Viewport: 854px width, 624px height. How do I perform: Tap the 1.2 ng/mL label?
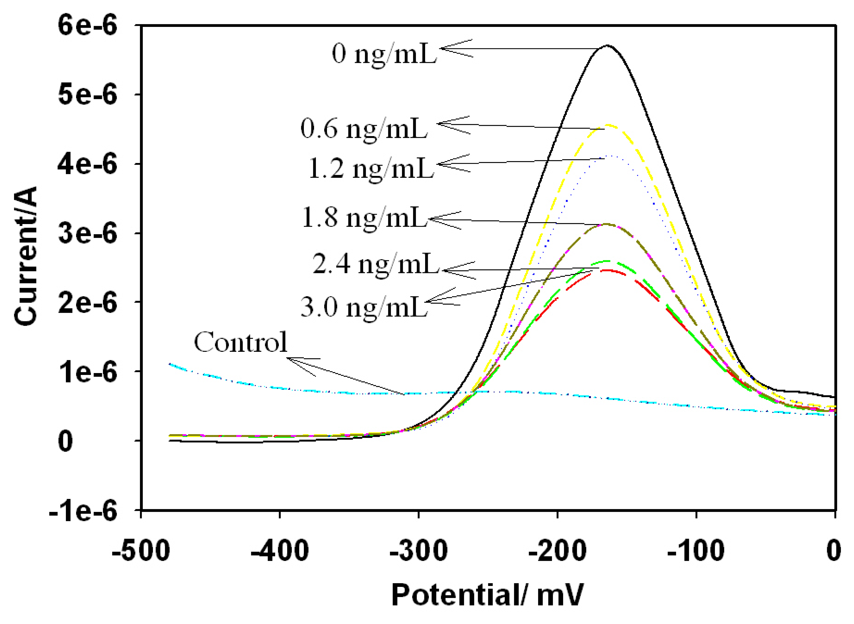(371, 168)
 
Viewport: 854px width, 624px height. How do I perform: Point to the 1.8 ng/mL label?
(364, 218)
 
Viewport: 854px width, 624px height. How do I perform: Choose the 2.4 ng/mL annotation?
(376, 264)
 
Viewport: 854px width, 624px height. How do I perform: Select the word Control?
(240, 342)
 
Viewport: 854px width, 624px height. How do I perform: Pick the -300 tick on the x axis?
(418, 551)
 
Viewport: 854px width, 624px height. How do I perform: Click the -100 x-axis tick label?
(696, 551)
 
